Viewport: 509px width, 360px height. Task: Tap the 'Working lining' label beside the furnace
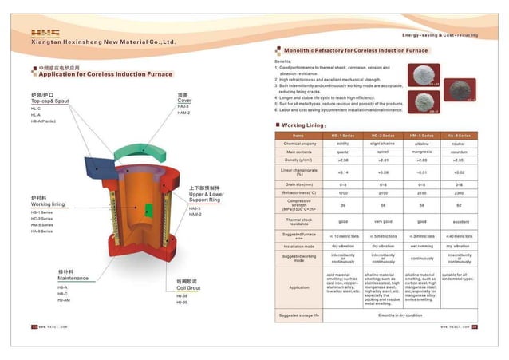(x=47, y=204)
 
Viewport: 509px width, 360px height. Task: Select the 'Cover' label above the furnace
(x=184, y=101)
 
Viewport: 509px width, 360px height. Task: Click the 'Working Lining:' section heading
(x=303, y=125)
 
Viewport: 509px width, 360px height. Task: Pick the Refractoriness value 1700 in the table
(x=343, y=193)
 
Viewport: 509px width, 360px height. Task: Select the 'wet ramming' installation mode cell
(x=420, y=247)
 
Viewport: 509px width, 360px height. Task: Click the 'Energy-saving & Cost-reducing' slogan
(x=440, y=36)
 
